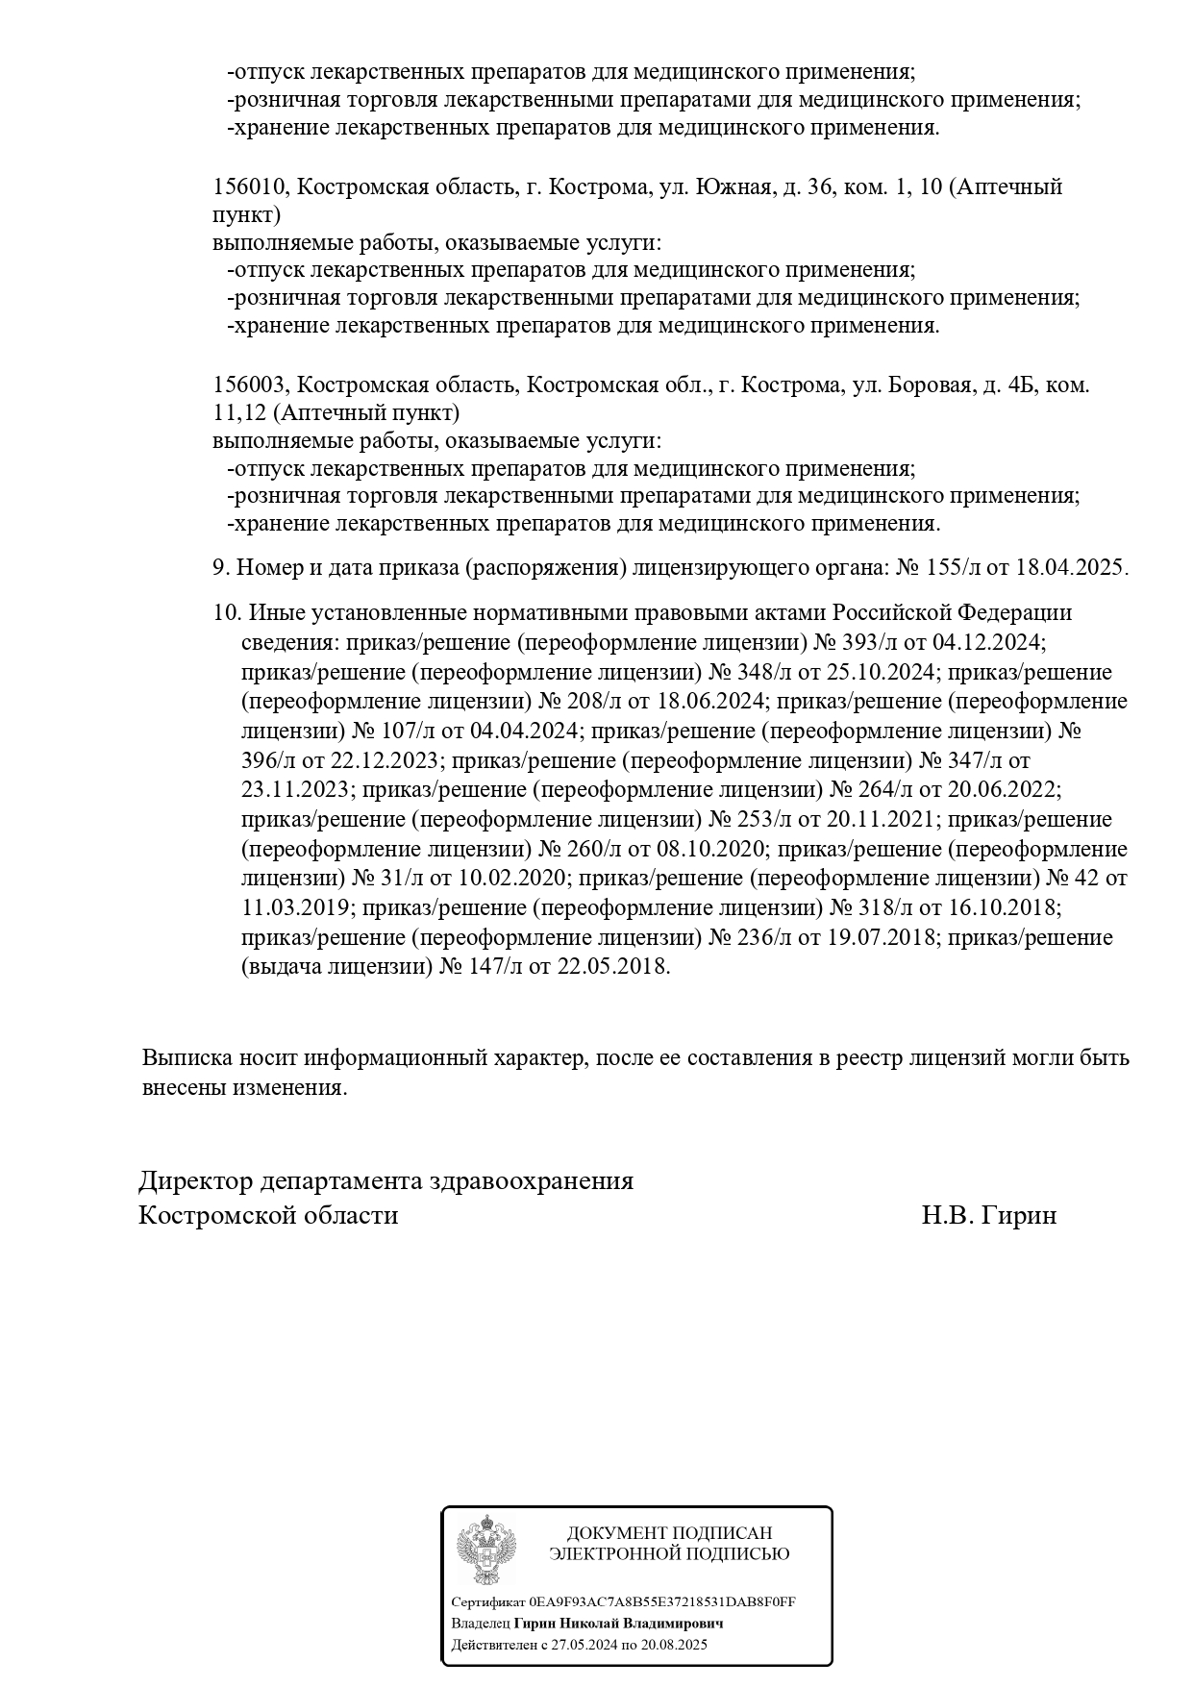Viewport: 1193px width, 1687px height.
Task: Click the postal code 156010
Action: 249,186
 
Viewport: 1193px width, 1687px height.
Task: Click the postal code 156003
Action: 249,385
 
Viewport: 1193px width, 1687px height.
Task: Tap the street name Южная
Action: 732,186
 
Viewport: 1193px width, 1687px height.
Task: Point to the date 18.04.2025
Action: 1072,567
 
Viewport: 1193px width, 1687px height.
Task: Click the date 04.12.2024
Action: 987,642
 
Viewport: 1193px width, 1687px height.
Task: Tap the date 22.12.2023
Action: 385,760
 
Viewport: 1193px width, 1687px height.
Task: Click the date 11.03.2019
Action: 298,908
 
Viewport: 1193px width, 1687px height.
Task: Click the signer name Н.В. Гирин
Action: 988,1215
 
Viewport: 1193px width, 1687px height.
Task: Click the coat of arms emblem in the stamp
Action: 486,1549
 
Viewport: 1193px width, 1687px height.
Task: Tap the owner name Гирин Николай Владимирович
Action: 619,1623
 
